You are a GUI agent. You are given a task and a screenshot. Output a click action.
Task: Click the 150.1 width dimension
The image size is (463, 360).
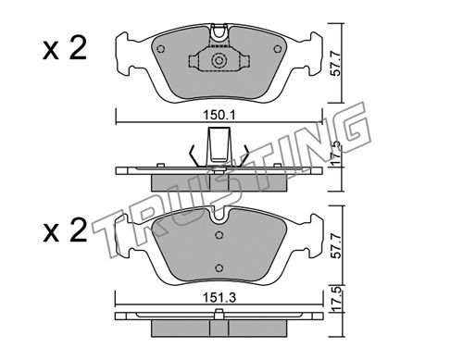(219, 116)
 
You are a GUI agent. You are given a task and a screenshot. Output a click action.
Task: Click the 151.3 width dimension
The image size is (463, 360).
(219, 298)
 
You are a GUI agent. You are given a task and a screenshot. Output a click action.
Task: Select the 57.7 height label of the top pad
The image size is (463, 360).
(337, 64)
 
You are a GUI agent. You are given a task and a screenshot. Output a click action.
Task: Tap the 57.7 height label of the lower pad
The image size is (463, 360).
(337, 245)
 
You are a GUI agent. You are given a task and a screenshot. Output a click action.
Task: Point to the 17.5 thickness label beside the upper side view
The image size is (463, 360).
(337, 153)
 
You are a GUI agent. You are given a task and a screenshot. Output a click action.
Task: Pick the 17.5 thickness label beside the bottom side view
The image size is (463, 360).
(337, 299)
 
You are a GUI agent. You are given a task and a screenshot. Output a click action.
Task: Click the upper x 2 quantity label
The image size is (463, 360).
(65, 49)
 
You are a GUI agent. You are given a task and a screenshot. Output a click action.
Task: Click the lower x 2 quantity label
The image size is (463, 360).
(65, 231)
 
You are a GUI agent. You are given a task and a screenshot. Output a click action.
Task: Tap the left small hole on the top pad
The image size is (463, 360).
(161, 49)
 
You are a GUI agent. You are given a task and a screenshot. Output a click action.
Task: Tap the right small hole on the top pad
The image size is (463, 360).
(278, 49)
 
